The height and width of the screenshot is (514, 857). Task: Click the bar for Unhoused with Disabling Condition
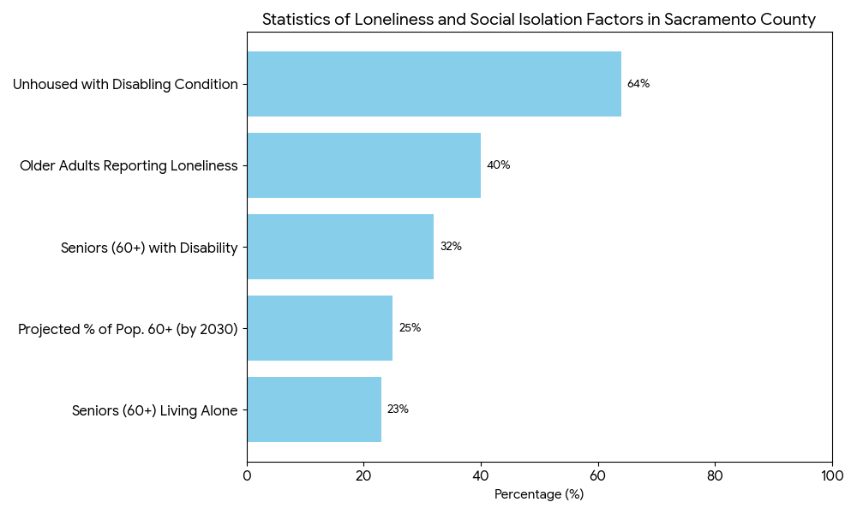434,84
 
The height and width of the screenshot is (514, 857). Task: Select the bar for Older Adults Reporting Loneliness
363,165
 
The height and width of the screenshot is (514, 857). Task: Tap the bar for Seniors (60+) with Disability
340,247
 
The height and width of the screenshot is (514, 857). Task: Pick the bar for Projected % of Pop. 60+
320,328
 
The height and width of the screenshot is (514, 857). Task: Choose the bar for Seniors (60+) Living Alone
314,409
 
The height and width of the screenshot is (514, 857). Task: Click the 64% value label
638,84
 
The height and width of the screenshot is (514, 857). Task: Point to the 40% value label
498,165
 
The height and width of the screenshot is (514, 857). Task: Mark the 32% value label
451,247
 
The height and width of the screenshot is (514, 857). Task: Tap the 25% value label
410,328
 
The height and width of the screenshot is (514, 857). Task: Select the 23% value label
398,409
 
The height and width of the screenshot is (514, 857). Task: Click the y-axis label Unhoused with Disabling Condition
125,84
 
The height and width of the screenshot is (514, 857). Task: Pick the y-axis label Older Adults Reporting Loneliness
129,165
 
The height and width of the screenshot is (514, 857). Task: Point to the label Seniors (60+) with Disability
149,248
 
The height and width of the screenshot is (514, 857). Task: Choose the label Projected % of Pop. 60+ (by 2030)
128,329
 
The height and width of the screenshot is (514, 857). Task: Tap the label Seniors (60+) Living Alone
154,410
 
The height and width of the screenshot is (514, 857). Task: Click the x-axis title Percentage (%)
539,494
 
